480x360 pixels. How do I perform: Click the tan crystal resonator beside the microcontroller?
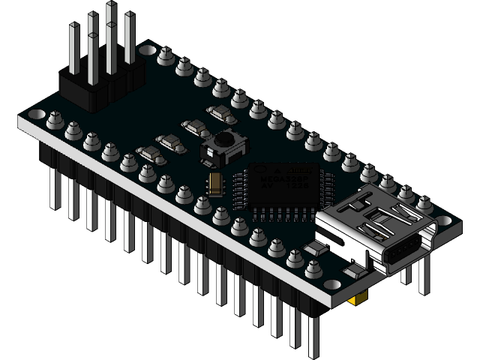pos(216,182)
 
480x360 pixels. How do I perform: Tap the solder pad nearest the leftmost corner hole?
pos(55,118)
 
